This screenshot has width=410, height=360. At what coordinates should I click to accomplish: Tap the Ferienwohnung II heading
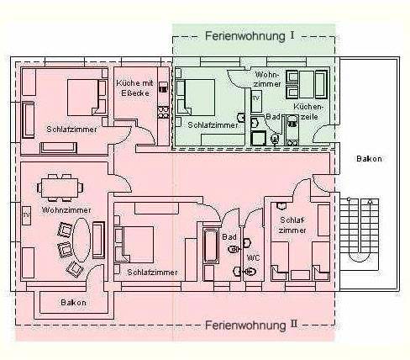[x=251, y=326]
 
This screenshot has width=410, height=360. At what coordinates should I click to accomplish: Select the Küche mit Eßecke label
[x=135, y=87]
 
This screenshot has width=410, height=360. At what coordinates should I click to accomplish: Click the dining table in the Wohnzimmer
[x=60, y=188]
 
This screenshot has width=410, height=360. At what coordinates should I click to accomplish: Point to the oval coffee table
[x=81, y=240]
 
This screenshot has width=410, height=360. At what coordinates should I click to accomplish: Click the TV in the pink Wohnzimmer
[x=27, y=215]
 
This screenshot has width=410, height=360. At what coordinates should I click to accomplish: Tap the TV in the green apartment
[x=256, y=98]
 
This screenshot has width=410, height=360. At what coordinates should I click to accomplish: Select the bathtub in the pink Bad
[x=211, y=246]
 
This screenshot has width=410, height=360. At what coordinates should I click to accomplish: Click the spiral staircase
[x=360, y=234]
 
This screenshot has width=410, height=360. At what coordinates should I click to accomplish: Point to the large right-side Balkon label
[x=369, y=159]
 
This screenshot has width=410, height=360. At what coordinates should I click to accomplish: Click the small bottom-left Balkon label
[x=73, y=303]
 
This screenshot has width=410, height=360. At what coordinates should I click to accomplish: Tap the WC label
[x=253, y=257]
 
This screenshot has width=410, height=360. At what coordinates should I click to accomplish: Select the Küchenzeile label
[x=308, y=112]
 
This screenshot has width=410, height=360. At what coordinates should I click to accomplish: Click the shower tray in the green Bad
[x=258, y=138]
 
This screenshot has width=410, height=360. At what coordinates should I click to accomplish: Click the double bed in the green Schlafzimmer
[x=196, y=98]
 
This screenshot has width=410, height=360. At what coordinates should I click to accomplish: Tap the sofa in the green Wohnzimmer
[x=321, y=85]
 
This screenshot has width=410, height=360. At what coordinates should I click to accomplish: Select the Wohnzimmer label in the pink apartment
[x=66, y=210]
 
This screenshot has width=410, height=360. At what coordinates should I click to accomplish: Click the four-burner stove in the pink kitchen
[x=163, y=112]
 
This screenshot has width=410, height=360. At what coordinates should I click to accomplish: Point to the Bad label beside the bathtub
[x=229, y=237]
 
